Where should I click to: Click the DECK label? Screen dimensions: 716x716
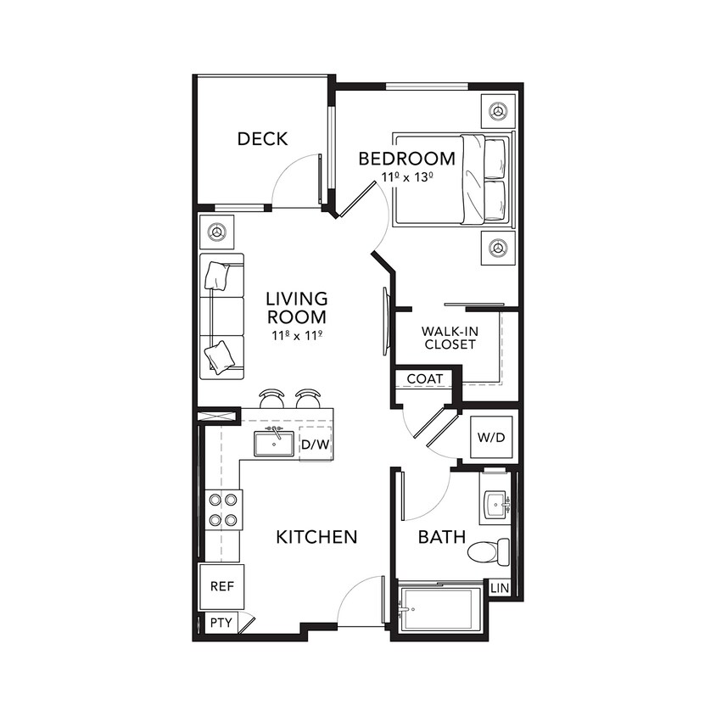click(262, 139)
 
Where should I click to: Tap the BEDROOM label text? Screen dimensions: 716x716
click(406, 159)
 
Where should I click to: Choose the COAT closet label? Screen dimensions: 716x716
click(425, 378)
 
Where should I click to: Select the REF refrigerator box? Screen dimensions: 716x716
click(221, 585)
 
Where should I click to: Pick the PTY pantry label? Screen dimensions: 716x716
click(221, 623)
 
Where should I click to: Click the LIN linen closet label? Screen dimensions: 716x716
click(500, 587)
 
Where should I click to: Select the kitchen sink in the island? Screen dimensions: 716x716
click(274, 443)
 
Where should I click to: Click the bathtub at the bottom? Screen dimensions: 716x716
click(439, 609)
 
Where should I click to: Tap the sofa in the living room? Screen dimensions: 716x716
click(222, 316)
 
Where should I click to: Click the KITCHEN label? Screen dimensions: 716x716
click(316, 537)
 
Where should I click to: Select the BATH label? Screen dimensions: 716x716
click(441, 537)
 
